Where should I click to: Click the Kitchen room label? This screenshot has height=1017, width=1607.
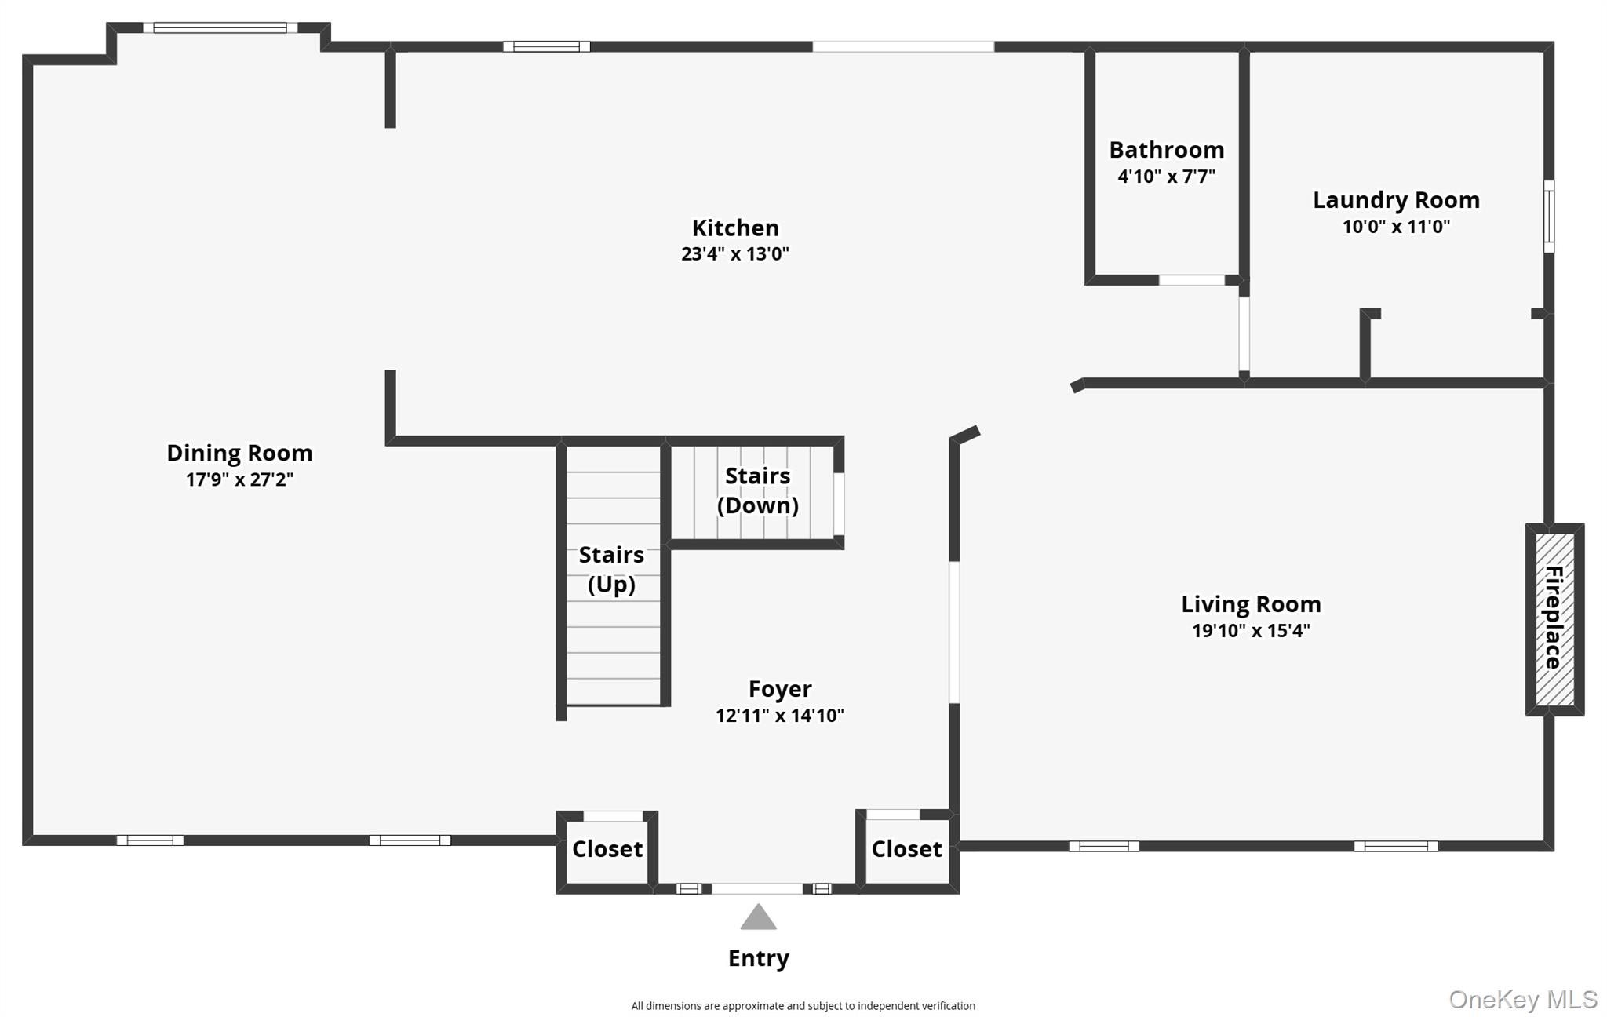734,228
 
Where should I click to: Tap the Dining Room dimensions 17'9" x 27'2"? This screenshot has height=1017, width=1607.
239,479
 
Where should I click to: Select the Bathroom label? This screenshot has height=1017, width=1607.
1166,149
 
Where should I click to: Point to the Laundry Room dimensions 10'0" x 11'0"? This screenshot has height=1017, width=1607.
1396,227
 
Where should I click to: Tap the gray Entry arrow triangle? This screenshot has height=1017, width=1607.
758,918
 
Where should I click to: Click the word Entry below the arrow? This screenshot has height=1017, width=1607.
758,958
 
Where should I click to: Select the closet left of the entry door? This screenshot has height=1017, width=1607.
607,849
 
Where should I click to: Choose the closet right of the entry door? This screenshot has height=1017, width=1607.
906,849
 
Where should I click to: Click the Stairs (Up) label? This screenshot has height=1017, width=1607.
611,569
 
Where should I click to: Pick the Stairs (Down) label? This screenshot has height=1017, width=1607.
757,490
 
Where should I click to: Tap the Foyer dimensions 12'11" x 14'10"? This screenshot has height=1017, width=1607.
779,716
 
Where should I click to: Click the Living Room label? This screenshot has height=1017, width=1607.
1251,604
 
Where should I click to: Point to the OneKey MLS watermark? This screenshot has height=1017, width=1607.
1522,999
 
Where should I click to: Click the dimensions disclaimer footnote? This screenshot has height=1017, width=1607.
803,1006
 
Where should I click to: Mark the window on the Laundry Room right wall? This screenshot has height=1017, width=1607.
1548,217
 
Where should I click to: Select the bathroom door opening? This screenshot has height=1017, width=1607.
1191,280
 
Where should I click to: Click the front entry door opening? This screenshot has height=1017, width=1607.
756,888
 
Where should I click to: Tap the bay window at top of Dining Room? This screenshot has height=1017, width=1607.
220,28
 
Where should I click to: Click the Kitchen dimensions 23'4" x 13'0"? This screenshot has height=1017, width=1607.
734,254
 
